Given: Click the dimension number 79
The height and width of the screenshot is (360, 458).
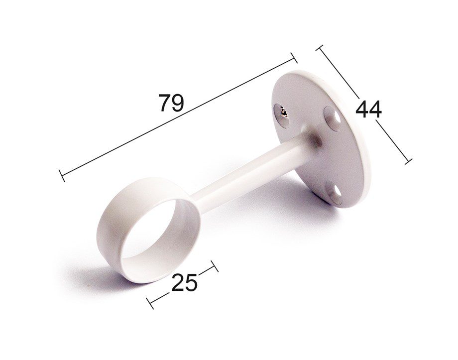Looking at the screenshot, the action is click(x=171, y=103).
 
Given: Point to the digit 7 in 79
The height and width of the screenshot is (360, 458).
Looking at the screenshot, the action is click(x=165, y=103).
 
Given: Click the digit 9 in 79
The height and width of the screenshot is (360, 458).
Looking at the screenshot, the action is click(x=178, y=103).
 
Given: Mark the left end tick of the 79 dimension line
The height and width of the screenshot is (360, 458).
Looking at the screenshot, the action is click(x=62, y=175).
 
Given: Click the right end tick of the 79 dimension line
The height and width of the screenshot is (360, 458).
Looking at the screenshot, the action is click(x=294, y=58).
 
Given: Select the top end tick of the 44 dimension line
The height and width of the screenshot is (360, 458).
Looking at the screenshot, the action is click(x=320, y=48).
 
